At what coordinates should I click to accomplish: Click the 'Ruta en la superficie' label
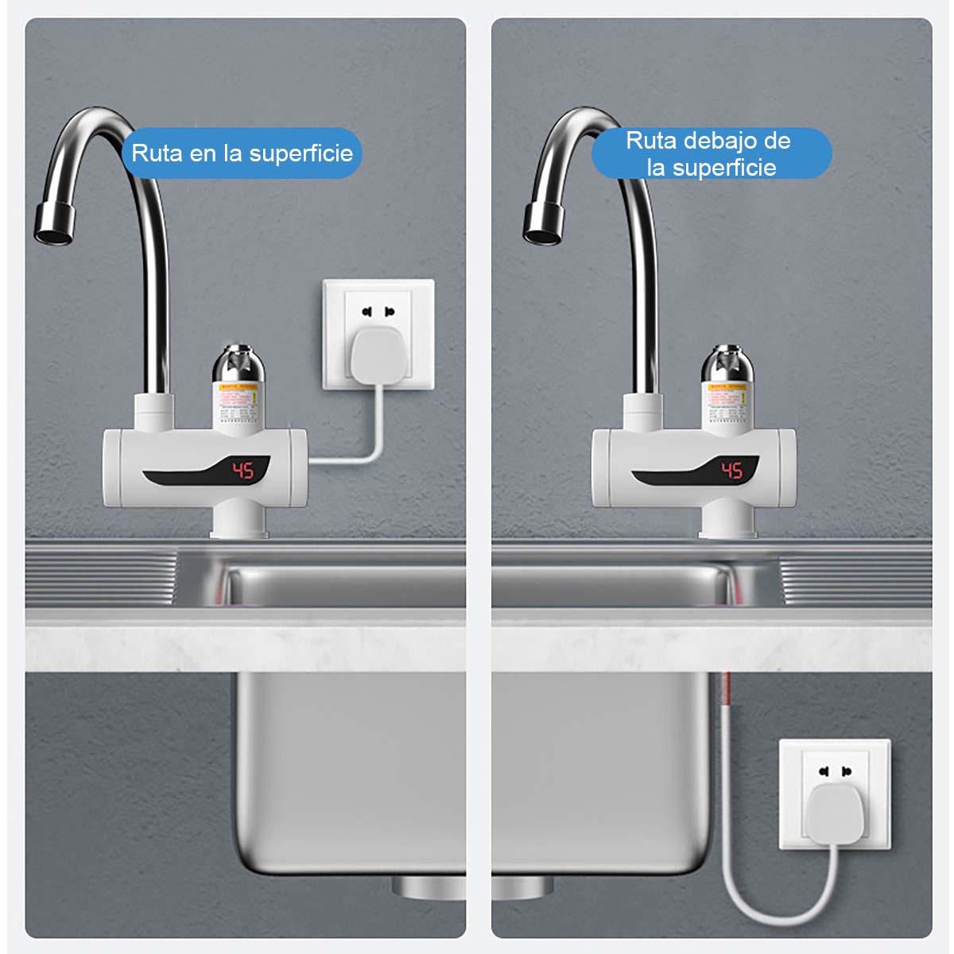pyautogui.click(x=242, y=153)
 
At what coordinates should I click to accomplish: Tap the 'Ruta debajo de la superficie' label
pyautogui.click(x=710, y=153)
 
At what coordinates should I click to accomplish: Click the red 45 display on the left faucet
pyautogui.click(x=242, y=471)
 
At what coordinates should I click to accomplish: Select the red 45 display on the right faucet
pyautogui.click(x=731, y=471)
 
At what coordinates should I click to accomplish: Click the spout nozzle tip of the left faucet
pyautogui.click(x=54, y=223)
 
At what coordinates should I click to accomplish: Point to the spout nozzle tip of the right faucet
pyautogui.click(x=543, y=223)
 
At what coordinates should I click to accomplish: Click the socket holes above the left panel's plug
pyautogui.click(x=378, y=311)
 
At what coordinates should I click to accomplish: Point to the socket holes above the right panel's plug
pyautogui.click(x=835, y=770)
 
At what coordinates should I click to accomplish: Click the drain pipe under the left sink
pyautogui.click(x=429, y=886)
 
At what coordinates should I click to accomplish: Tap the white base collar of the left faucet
pyautogui.click(x=238, y=522)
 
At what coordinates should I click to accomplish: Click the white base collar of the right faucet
pyautogui.click(x=727, y=522)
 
